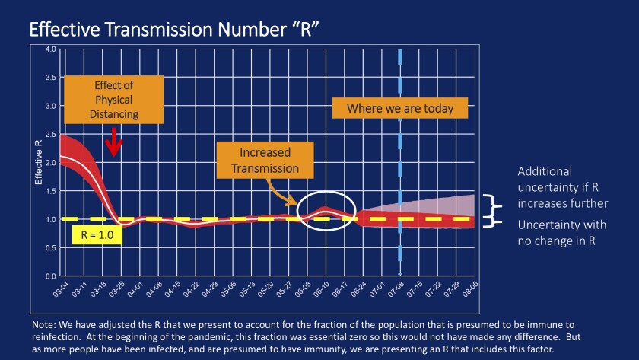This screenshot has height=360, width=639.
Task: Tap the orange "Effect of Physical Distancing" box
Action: tap(113, 100)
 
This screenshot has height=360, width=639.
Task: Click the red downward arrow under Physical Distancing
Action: tap(113, 142)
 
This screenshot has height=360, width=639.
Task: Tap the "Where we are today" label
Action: tap(400, 108)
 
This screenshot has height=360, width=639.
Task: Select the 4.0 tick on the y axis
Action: tap(50, 49)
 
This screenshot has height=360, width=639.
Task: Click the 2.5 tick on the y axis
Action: tap(50, 134)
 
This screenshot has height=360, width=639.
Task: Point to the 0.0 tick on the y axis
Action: tap(50, 276)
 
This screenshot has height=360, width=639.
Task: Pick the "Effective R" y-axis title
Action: tap(39, 163)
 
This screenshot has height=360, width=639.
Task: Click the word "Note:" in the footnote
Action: tap(45, 324)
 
